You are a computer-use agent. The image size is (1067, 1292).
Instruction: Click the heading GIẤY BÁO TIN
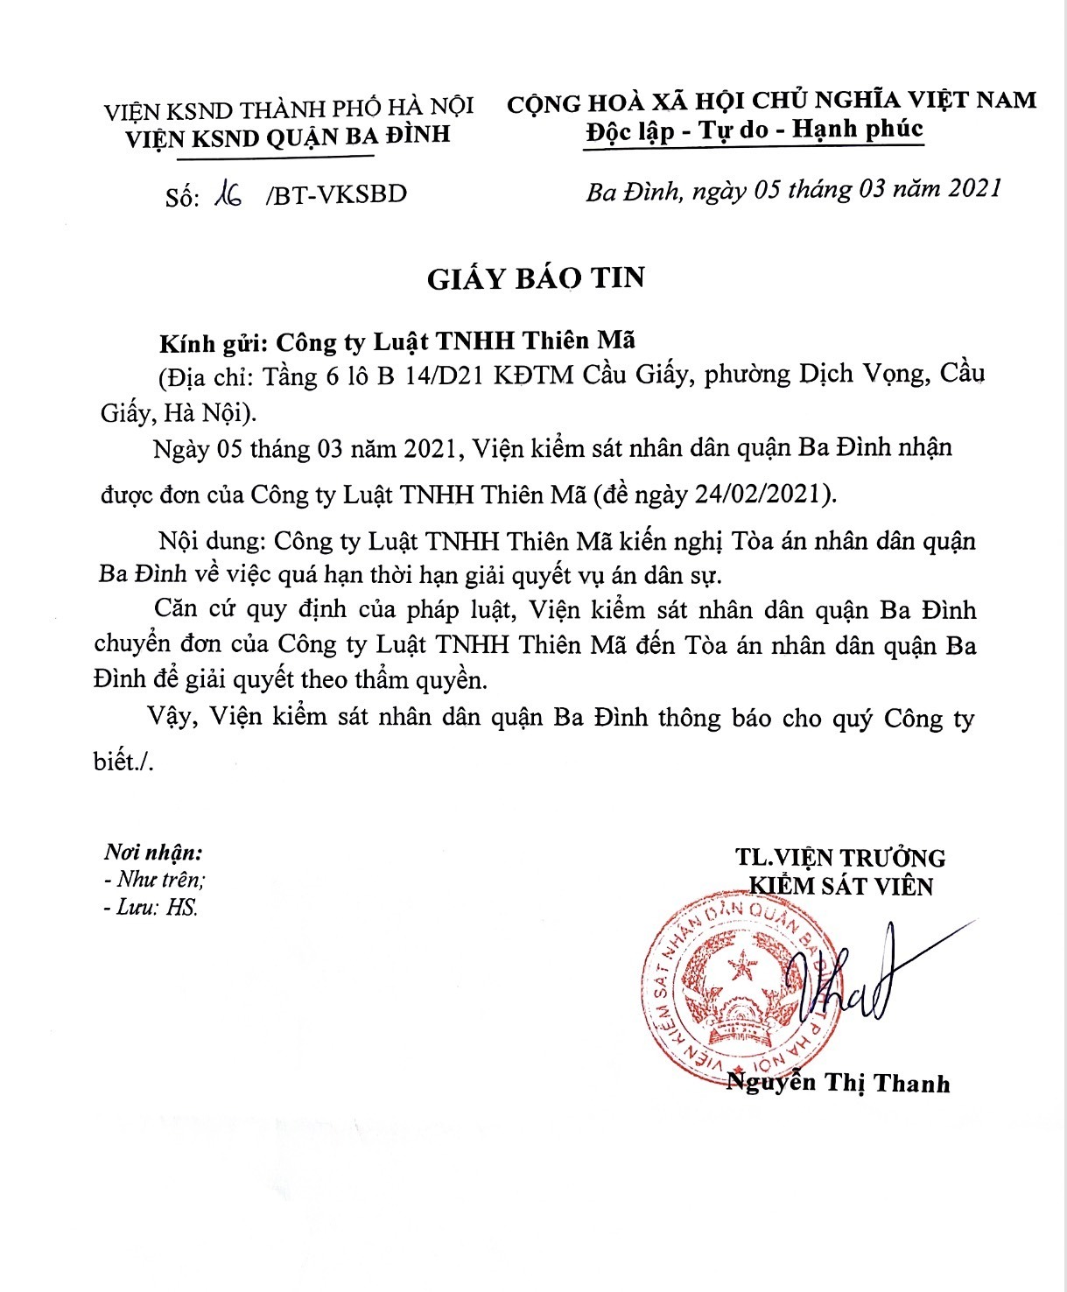(x=536, y=278)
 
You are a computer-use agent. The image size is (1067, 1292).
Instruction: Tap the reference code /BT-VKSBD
(x=336, y=194)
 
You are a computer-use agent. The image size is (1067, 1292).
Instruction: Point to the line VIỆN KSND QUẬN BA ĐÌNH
(x=288, y=137)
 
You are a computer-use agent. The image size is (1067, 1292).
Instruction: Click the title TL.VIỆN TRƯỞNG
(x=840, y=858)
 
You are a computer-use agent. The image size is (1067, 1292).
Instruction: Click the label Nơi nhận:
(x=152, y=852)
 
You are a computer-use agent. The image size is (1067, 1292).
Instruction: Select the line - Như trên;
(x=154, y=880)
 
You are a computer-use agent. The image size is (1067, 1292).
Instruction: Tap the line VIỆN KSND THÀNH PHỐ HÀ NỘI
(x=289, y=109)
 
